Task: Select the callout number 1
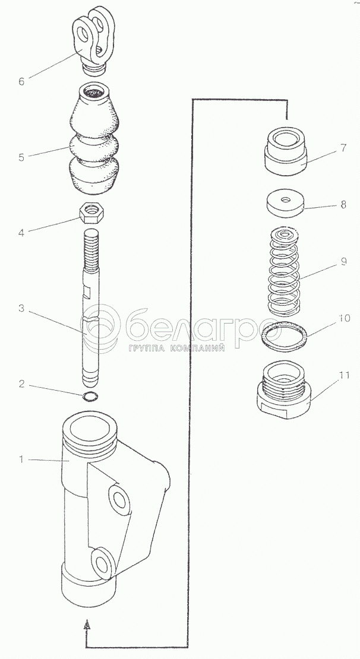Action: pos(22,459)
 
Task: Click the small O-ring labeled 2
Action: pos(90,397)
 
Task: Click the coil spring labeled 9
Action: pos(285,270)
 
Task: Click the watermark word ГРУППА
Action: pos(149,348)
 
